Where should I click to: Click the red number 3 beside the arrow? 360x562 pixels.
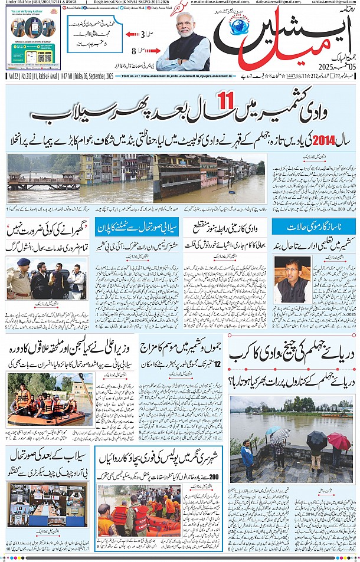142,34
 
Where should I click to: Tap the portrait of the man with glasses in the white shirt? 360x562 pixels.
292,279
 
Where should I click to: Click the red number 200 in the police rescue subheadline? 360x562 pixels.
214,476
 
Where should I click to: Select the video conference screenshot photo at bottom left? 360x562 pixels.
47,504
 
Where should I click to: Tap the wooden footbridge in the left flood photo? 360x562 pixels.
35,180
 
